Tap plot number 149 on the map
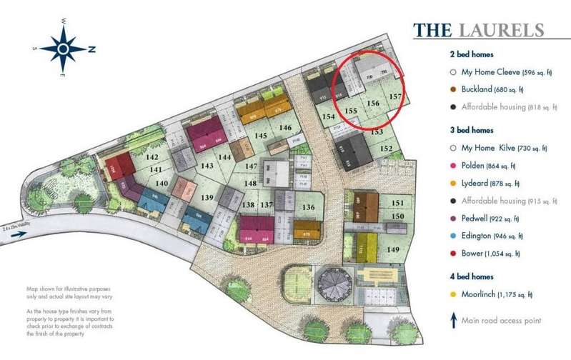click(393, 249)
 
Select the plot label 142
click(152, 157)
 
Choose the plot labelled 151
click(399, 203)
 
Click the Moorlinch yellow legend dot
click(453, 294)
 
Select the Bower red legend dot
click(453, 254)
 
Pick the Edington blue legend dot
click(453, 236)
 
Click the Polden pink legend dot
click(453, 166)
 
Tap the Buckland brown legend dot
click(453, 89)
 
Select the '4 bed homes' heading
click(472, 276)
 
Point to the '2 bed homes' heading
click(472, 54)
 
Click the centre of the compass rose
click(63, 49)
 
